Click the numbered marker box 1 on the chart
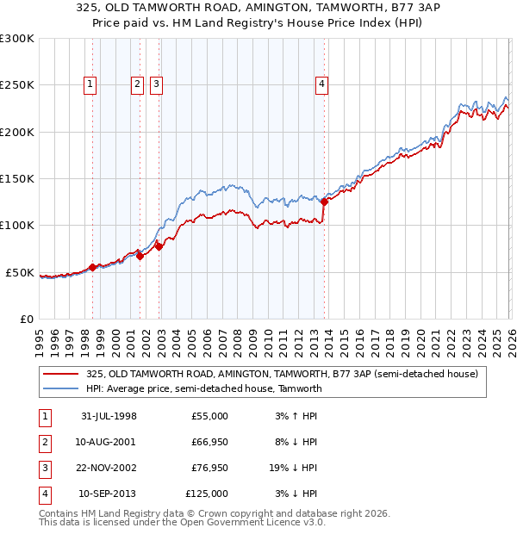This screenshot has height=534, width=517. [91, 84]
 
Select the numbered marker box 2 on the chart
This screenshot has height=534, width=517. [137, 84]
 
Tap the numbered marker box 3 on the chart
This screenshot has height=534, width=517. [156, 84]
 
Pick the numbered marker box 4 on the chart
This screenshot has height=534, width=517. [321, 84]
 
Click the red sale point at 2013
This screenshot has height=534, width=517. [324, 202]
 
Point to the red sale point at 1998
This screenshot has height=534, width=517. [93, 267]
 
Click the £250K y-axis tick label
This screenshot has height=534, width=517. [16, 85]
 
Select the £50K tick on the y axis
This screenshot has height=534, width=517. [20, 272]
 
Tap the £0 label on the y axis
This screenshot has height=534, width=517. [26, 319]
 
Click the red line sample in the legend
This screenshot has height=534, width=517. [61, 374]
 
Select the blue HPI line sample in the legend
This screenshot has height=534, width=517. [61, 388]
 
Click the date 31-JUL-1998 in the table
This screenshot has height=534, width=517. [109, 416]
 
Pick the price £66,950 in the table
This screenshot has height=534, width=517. [206, 442]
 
